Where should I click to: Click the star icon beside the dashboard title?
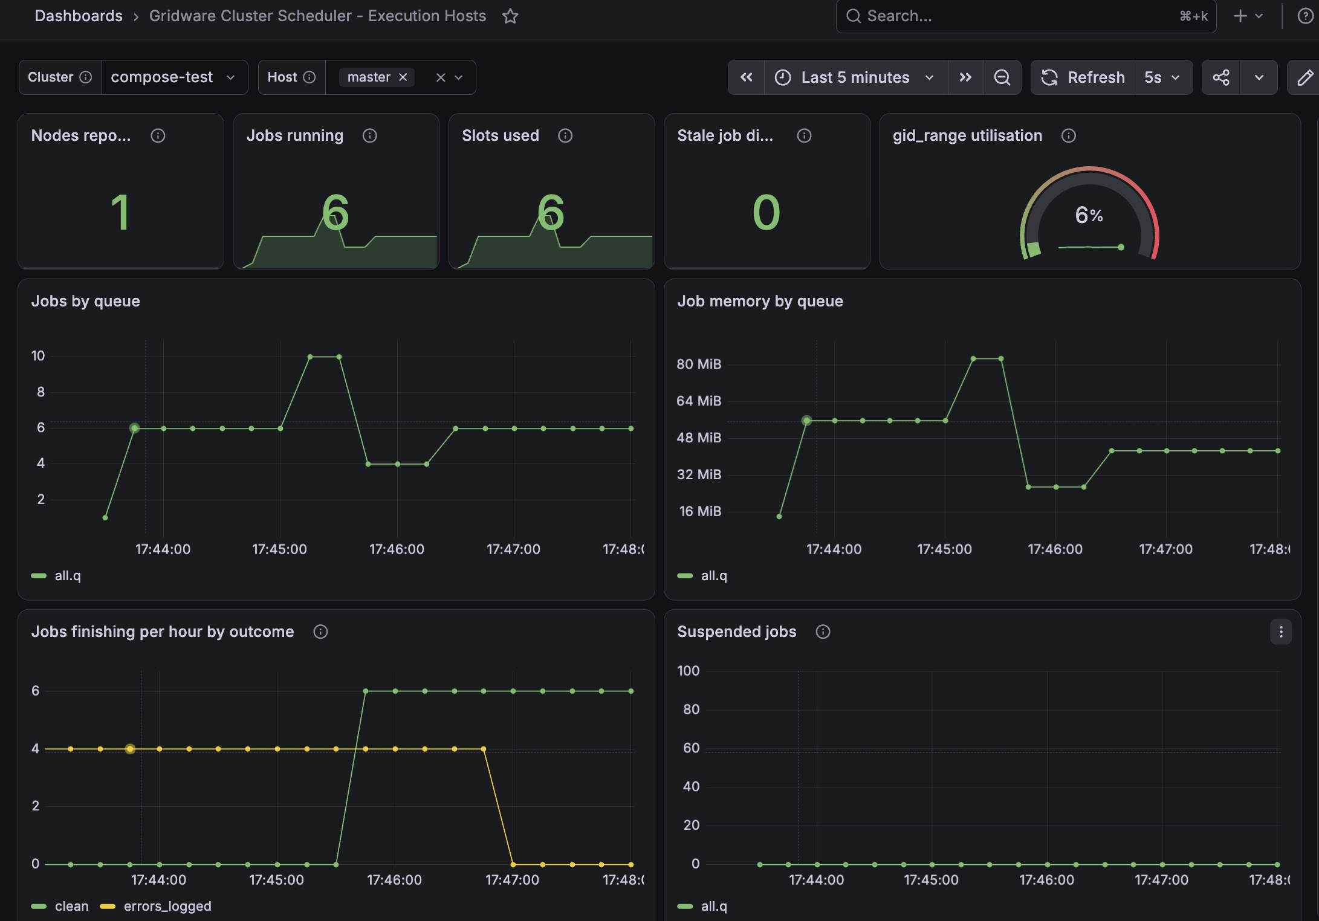tap(510, 16)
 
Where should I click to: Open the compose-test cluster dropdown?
tap(174, 77)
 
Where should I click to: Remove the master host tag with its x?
tap(403, 77)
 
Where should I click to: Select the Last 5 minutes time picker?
tap(855, 77)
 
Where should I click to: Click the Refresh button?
tap(1083, 77)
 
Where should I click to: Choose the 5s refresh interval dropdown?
tap(1162, 77)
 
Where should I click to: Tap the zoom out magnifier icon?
tap(1002, 77)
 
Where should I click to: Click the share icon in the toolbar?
tap(1221, 77)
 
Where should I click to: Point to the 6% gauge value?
tap(1089, 215)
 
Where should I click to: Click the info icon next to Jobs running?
tap(370, 136)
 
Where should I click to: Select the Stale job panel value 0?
tap(766, 212)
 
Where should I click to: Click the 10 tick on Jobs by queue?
tap(38, 356)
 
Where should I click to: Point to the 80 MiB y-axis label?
tap(699, 364)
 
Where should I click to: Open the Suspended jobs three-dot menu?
tap(1281, 632)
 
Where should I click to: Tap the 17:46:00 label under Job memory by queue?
tap(1055, 549)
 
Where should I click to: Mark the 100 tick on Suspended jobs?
tap(688, 671)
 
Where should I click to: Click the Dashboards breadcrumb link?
tap(79, 16)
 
